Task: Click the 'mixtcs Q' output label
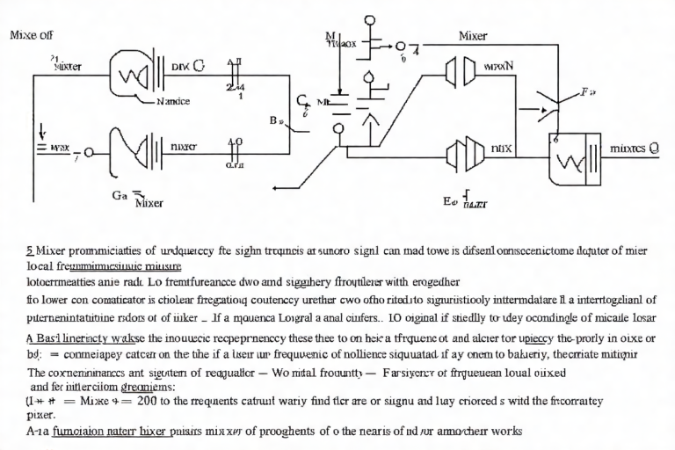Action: click(635, 148)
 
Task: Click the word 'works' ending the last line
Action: click(503, 432)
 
